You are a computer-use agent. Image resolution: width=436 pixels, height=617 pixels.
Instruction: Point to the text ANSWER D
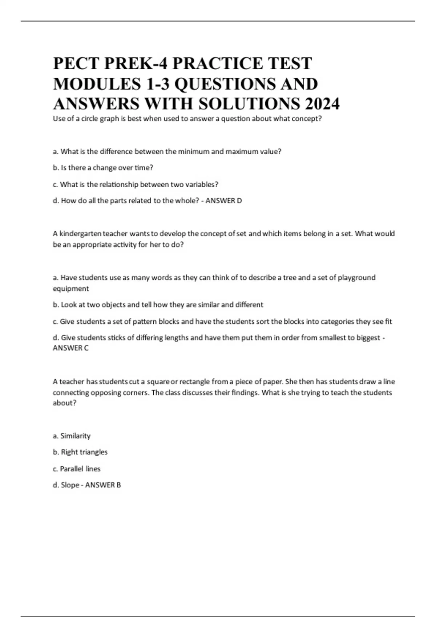223,201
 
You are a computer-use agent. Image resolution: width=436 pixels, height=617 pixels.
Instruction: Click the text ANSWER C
70,348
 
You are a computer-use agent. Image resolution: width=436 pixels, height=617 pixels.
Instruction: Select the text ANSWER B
103,485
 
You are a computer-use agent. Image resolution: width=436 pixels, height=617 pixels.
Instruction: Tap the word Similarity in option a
75,436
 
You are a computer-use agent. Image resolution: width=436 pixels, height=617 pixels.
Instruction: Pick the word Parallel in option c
72,469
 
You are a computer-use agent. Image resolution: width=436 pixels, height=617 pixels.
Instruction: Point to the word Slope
70,485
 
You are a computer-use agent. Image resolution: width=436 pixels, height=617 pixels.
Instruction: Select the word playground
356,278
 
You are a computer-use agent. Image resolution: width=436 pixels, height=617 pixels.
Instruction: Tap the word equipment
71,289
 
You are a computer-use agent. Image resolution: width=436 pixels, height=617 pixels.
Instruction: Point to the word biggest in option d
368,338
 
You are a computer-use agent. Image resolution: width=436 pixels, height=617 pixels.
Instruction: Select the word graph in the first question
108,119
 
